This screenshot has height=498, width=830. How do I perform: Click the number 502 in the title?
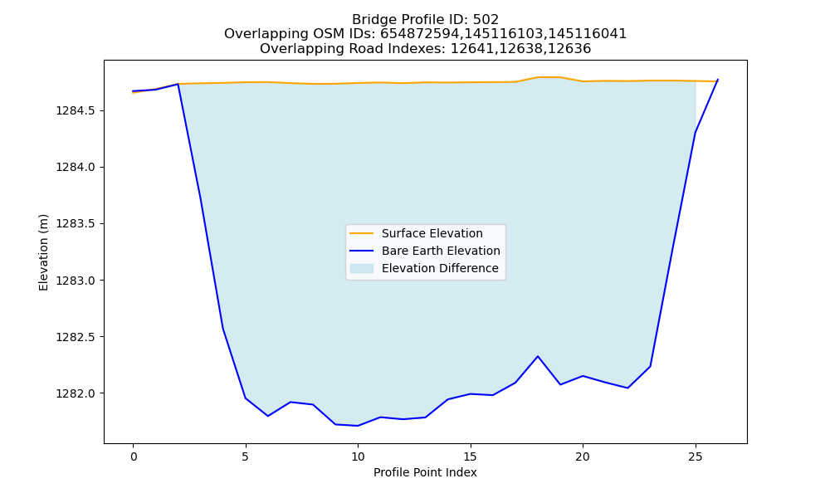point(486,20)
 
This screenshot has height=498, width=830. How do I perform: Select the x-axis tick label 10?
point(358,456)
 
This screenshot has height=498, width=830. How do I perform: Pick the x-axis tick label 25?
point(695,456)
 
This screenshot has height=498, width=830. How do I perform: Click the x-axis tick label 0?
point(133,456)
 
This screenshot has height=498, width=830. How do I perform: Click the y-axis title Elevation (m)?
point(43,252)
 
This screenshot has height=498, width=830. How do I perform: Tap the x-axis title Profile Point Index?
point(425,472)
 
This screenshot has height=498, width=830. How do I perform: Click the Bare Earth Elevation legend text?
point(441,251)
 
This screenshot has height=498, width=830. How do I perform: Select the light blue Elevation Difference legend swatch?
point(362,268)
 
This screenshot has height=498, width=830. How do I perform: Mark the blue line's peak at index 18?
point(538,356)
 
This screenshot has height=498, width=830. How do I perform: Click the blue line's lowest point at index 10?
point(358,426)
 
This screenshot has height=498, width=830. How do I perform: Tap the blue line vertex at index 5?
point(246,398)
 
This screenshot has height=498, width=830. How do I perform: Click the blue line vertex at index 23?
point(650,366)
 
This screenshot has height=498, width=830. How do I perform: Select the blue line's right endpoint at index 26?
point(718,80)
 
